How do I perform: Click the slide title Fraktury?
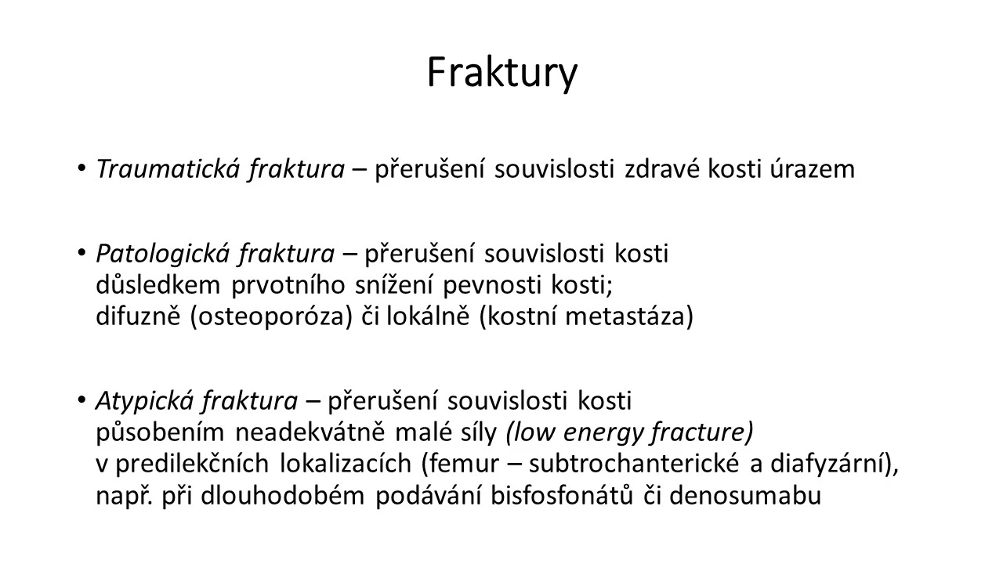[502, 74]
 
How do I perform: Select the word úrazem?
[813, 170]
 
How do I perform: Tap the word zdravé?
[662, 170]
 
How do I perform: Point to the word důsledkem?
[158, 285]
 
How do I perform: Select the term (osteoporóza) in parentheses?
[272, 316]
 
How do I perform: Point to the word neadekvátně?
[310, 432]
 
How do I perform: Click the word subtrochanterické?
[634, 464]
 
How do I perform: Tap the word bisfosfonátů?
[562, 495]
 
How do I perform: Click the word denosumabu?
[745, 495]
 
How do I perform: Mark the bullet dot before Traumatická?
[81, 168]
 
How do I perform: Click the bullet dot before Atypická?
[81, 399]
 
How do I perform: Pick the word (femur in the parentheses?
[460, 464]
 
